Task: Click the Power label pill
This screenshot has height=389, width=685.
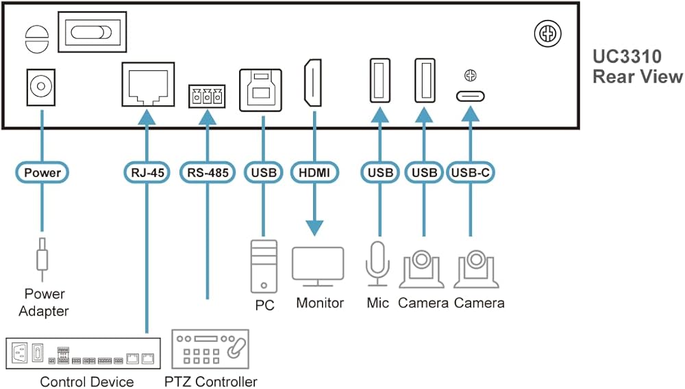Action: pyautogui.click(x=42, y=172)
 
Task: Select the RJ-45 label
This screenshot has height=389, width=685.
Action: pyautogui.click(x=147, y=172)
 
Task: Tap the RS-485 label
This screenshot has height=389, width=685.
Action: pyautogui.click(x=207, y=172)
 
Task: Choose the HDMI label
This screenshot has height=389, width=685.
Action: pyautogui.click(x=314, y=172)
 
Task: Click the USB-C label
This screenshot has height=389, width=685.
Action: pyautogui.click(x=470, y=172)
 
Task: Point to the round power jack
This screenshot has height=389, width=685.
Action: pyautogui.click(x=41, y=87)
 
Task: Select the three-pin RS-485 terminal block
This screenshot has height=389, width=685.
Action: pyautogui.click(x=207, y=96)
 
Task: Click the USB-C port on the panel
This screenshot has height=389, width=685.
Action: pyautogui.click(x=470, y=96)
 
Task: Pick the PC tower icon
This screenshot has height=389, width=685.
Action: pyautogui.click(x=263, y=267)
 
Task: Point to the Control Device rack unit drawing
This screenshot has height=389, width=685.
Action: pyautogui.click(x=83, y=353)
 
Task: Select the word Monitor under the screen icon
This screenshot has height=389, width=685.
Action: pyautogui.click(x=319, y=302)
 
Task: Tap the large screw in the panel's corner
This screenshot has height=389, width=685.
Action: pyautogui.click(x=548, y=32)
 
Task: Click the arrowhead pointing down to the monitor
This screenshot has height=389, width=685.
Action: pyautogui.click(x=314, y=228)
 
